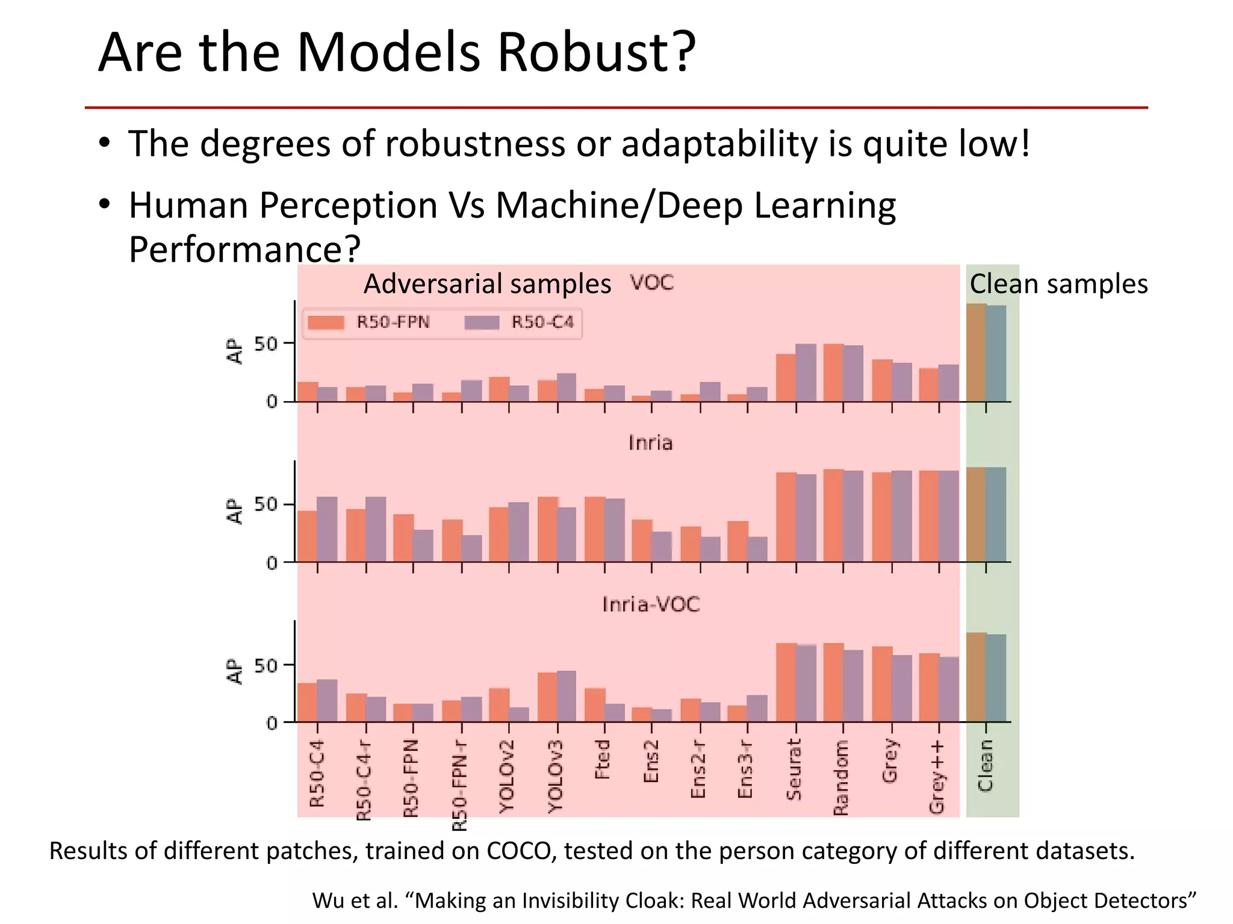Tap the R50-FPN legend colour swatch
[325, 322]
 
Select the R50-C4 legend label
[542, 322]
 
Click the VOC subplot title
[651, 283]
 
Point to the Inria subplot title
[650, 443]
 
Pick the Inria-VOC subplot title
[651, 604]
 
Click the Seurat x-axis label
[794, 769]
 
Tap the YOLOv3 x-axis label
[555, 777]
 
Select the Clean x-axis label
[986, 765]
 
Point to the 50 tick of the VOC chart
[266, 345]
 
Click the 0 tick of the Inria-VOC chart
[272, 723]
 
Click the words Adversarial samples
[487, 284]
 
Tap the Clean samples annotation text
[1058, 284]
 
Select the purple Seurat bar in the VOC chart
[806, 372]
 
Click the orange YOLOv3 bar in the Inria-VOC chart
[547, 697]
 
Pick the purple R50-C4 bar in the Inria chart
[327, 529]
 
